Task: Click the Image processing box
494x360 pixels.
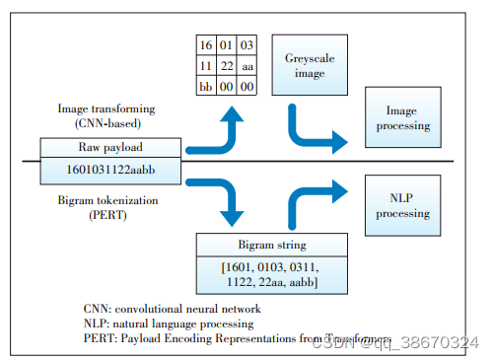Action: (407, 118)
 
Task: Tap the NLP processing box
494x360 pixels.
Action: (407, 205)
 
